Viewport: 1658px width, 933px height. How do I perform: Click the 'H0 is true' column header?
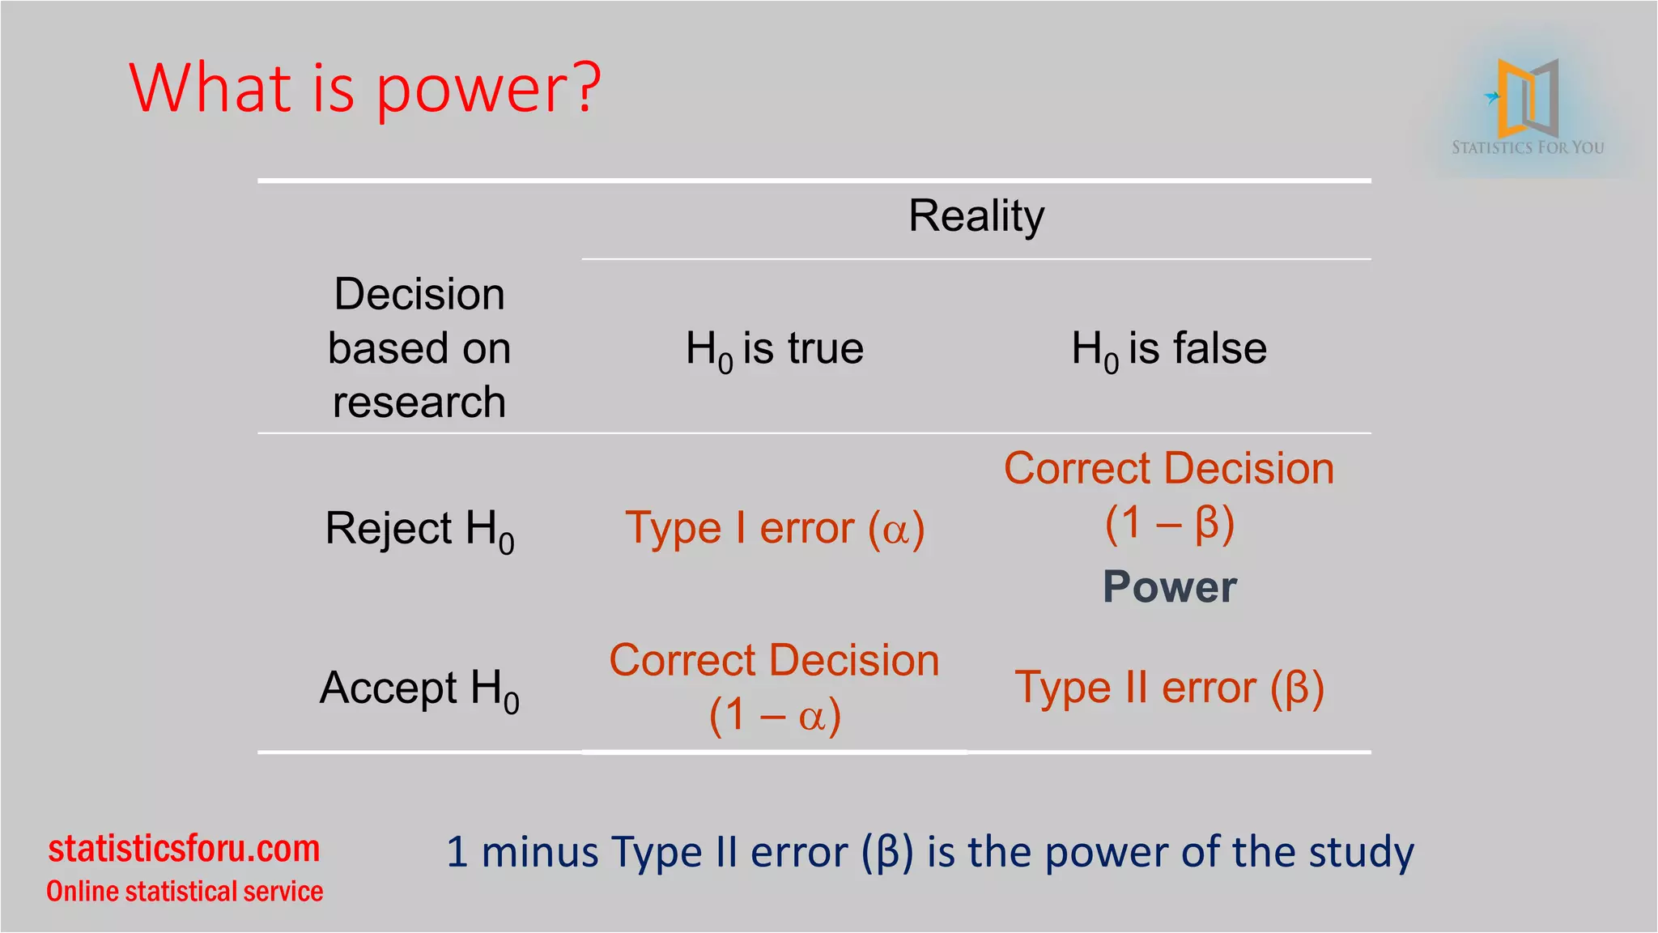coord(775,349)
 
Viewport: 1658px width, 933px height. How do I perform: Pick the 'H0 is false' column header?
coord(1169,349)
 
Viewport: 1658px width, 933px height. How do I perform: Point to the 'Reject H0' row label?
coord(419,530)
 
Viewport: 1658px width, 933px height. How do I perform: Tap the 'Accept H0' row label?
coord(419,689)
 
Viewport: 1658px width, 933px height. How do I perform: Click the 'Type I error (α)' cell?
coord(775,529)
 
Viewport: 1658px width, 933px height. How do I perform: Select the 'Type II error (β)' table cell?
coord(1169,688)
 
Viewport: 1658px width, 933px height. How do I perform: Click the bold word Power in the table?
coord(1170,586)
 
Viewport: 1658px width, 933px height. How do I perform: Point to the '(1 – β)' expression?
coord(1170,523)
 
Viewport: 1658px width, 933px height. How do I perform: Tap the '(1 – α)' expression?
coord(775,715)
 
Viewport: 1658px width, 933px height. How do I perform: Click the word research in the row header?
coord(419,403)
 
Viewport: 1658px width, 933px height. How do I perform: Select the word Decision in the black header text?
coord(419,294)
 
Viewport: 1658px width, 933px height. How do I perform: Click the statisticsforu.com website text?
coord(185,849)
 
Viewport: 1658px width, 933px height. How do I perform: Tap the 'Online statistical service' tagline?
coord(185,891)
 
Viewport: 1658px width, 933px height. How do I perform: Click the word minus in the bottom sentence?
coord(541,852)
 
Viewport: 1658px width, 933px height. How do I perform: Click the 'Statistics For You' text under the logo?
coord(1528,147)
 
